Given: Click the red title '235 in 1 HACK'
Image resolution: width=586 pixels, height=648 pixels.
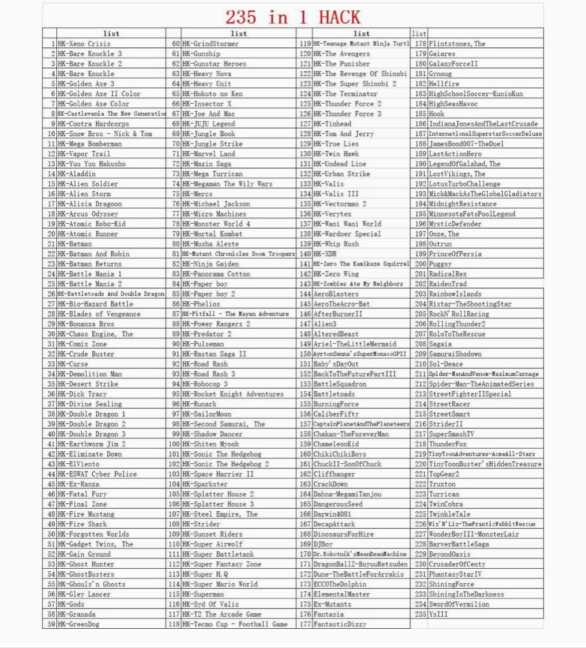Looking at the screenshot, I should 293,16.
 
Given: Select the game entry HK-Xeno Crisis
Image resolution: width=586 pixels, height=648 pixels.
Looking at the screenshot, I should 84,44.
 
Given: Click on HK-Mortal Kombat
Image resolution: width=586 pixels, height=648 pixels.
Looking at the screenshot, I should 212,234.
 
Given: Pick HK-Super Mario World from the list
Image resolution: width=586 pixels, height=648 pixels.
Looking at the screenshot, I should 220,584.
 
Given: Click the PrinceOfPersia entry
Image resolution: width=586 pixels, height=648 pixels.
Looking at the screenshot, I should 455,254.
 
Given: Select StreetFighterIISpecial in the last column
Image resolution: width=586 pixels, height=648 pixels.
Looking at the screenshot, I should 470,394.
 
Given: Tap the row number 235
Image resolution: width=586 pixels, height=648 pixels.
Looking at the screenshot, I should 420,614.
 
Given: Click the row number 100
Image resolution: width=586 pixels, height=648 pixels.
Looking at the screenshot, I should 174,444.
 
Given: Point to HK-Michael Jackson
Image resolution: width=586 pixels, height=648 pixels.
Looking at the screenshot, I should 216,204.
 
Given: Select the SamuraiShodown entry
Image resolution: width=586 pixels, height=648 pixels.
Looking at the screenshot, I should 455,354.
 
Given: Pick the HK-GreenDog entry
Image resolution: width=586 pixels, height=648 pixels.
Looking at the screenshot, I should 78,625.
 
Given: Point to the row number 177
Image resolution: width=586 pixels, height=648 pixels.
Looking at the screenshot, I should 304,625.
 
